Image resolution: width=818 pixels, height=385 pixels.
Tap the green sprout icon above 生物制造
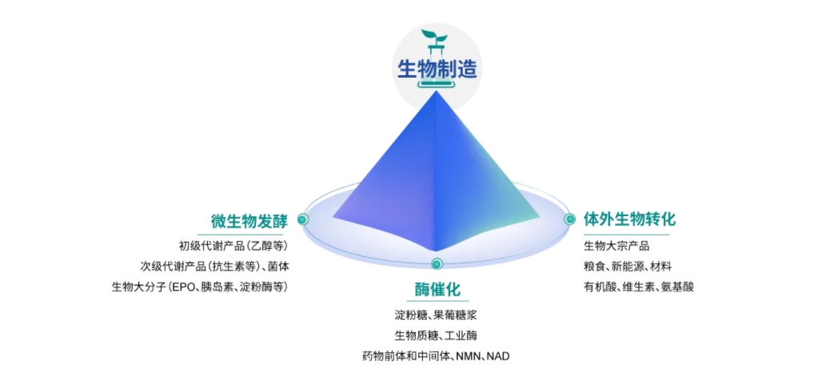click(435, 38)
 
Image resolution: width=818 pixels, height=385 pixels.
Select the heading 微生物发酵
click(249, 221)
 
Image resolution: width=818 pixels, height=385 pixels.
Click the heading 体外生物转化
click(629, 219)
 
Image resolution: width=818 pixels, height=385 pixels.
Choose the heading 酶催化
click(437, 290)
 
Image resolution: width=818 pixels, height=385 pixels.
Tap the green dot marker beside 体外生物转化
click(569, 219)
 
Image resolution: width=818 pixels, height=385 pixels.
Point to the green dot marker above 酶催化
click(437, 264)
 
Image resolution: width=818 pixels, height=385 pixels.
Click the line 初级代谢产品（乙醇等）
click(233, 246)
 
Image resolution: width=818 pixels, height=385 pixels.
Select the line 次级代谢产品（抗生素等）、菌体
click(214, 267)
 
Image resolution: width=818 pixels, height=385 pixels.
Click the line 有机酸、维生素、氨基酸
click(639, 287)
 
